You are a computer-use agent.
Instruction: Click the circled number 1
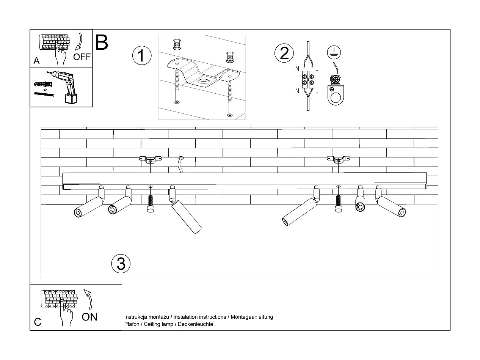(141, 56)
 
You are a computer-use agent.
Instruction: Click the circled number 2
(284, 53)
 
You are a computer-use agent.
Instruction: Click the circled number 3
(121, 263)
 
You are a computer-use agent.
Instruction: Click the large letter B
(102, 42)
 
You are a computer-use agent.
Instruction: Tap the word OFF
(82, 57)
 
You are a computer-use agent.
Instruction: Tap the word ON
(89, 317)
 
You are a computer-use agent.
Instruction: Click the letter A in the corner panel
(36, 61)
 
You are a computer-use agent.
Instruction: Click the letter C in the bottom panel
(38, 322)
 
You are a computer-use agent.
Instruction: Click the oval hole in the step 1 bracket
(204, 81)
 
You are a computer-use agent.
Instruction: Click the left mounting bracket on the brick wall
(150, 159)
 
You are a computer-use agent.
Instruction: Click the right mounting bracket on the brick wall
(339, 159)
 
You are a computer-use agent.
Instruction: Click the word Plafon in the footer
(131, 324)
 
